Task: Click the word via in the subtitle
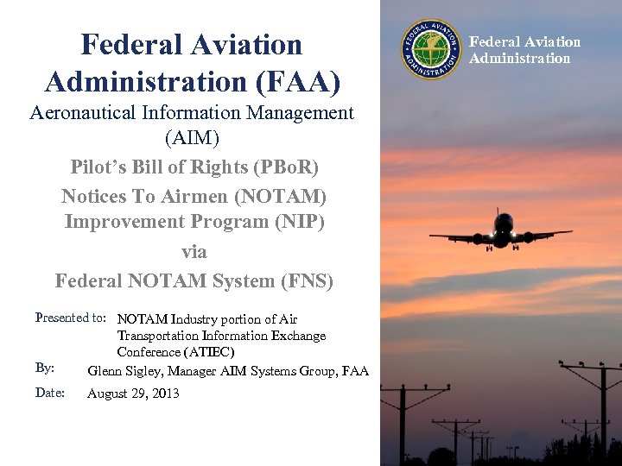[x=194, y=252]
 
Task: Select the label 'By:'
[x=45, y=368]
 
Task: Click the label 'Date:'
[x=49, y=393]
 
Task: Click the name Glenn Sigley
[x=125, y=371]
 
